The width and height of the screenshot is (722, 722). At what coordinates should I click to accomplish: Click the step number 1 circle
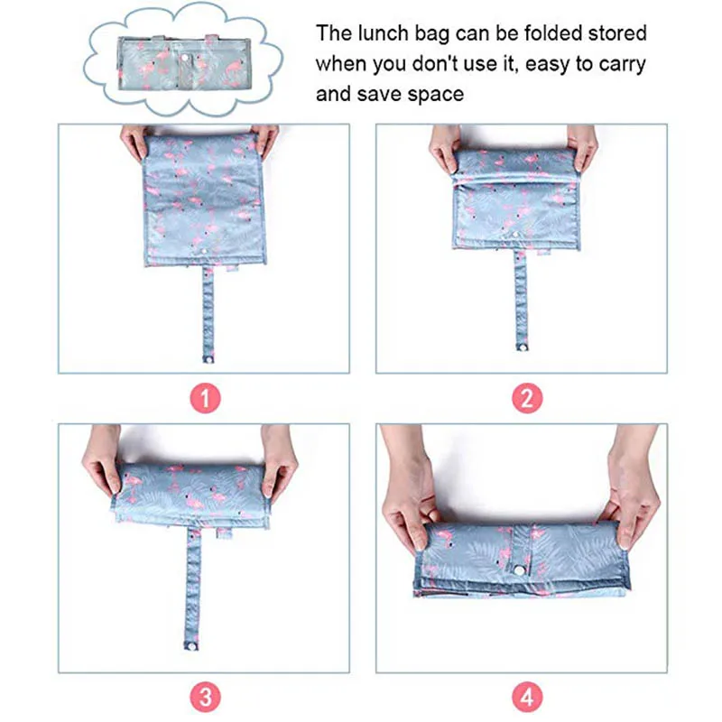(207, 398)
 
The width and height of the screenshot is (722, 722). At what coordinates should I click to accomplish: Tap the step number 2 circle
(527, 398)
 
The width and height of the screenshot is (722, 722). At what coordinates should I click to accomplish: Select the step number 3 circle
(207, 697)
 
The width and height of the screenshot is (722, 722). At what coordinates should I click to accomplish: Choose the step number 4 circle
(527, 697)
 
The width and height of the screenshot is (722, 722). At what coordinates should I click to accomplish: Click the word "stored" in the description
(614, 33)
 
